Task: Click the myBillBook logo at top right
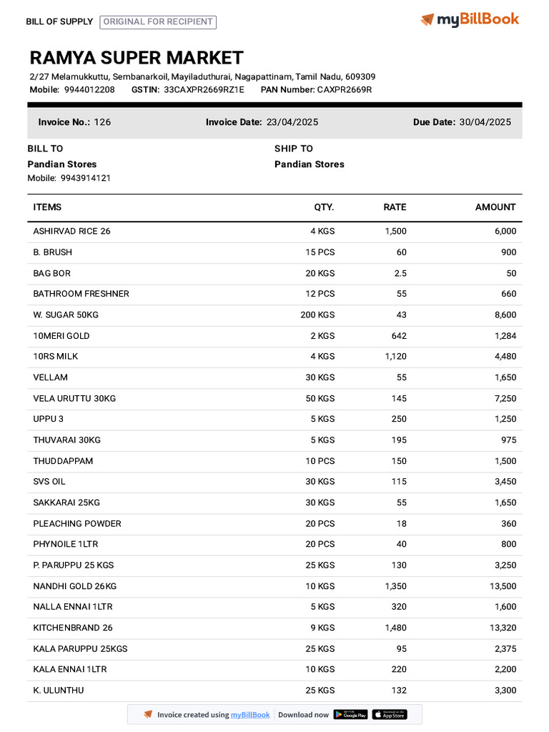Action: pyautogui.click(x=470, y=19)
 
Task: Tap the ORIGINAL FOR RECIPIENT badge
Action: pyautogui.click(x=158, y=21)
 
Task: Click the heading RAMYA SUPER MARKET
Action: pyautogui.click(x=137, y=58)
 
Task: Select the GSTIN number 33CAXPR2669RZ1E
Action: pyautogui.click(x=204, y=89)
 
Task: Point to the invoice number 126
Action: pyautogui.click(x=102, y=122)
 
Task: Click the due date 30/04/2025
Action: pyautogui.click(x=485, y=122)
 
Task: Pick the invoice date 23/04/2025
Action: pyautogui.click(x=292, y=122)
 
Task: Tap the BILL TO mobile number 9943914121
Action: pyautogui.click(x=86, y=178)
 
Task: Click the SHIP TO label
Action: pyautogui.click(x=293, y=149)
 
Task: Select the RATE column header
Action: pyautogui.click(x=395, y=207)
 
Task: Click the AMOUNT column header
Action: pyautogui.click(x=495, y=207)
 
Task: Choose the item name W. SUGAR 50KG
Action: pyautogui.click(x=66, y=315)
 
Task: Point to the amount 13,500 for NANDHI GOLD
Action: pyautogui.click(x=500, y=586)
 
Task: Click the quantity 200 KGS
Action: pyautogui.click(x=317, y=315)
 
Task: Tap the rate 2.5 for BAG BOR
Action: pyautogui.click(x=400, y=273)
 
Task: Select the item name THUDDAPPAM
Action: pyautogui.click(x=63, y=461)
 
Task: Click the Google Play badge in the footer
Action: pyautogui.click(x=350, y=714)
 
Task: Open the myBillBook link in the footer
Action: pyautogui.click(x=250, y=715)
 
